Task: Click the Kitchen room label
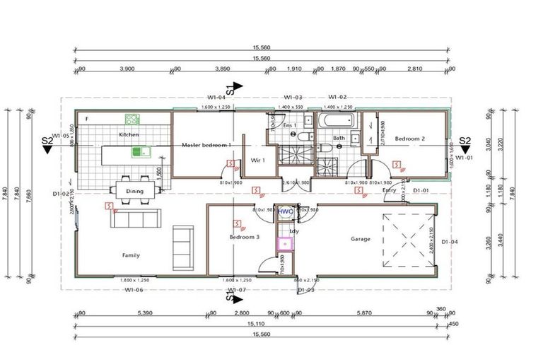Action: click(129, 134)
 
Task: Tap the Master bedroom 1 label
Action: click(206, 145)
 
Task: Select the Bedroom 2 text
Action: click(409, 139)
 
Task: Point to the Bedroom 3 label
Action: click(245, 238)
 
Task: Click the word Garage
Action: click(361, 239)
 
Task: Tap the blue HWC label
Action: click(285, 211)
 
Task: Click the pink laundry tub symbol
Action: click(286, 244)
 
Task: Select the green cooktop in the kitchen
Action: click(131, 119)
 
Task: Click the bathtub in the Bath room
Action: click(336, 119)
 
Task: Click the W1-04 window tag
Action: click(216, 98)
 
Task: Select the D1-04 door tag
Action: click(450, 243)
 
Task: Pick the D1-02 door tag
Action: click(62, 193)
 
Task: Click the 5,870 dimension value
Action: click(364, 313)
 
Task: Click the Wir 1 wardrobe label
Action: click(257, 160)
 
